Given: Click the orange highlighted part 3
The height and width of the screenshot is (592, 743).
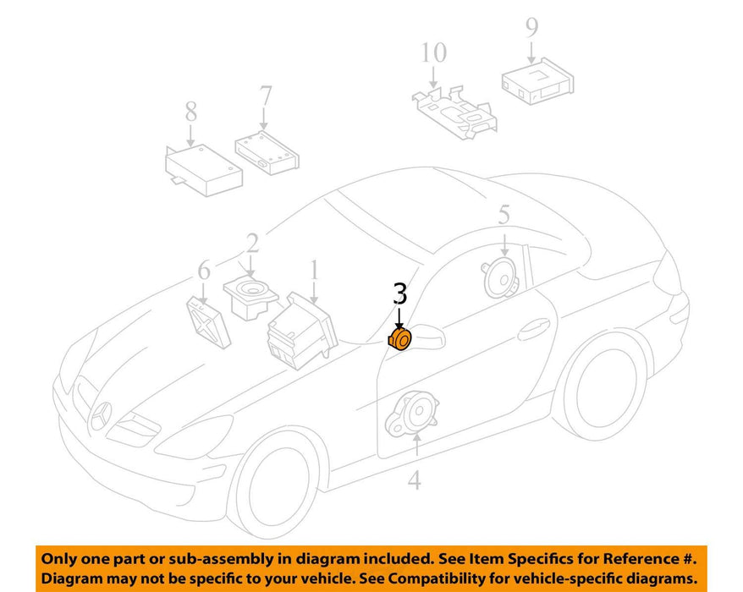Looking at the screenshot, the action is pyautogui.click(x=399, y=340).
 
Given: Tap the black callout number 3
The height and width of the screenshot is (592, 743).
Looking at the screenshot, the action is pyautogui.click(x=400, y=293).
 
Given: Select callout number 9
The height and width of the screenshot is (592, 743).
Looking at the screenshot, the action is pyautogui.click(x=532, y=27).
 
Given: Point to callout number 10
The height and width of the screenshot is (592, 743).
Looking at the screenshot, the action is pyautogui.click(x=433, y=52).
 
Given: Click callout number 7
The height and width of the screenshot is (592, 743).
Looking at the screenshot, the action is pyautogui.click(x=266, y=96).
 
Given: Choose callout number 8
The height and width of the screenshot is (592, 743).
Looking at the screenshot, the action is pyautogui.click(x=191, y=112).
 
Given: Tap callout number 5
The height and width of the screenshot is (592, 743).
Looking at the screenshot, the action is pyautogui.click(x=504, y=215).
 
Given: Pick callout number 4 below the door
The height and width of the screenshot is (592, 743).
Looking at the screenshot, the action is pyautogui.click(x=415, y=480).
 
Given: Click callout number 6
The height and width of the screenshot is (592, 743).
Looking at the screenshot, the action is pyautogui.click(x=204, y=271).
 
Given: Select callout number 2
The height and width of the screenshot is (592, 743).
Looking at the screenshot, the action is pyautogui.click(x=252, y=244).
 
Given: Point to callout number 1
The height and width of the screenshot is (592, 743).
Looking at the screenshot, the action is pyautogui.click(x=314, y=270).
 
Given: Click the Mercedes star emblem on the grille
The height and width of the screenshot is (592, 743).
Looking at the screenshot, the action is pyautogui.click(x=101, y=416).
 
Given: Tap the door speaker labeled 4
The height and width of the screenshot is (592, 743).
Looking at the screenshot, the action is pyautogui.click(x=412, y=413).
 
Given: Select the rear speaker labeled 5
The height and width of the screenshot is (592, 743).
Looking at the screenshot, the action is pyautogui.click(x=501, y=278).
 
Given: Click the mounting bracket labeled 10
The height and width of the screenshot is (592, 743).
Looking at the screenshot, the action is pyautogui.click(x=455, y=112).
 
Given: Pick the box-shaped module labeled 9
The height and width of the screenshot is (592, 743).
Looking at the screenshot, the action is pyautogui.click(x=537, y=80).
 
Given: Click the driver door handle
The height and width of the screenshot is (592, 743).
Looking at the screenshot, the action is pyautogui.click(x=534, y=330).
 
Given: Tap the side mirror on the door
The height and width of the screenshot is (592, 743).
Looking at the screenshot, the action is pyautogui.click(x=428, y=336).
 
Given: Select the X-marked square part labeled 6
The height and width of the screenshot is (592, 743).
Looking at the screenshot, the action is pyautogui.click(x=208, y=321).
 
